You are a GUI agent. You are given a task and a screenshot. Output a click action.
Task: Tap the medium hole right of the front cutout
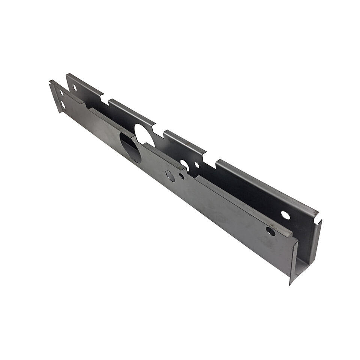170,176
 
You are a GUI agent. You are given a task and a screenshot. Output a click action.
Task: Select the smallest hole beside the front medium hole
181,176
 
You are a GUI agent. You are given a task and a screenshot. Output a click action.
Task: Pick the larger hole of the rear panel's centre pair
185,164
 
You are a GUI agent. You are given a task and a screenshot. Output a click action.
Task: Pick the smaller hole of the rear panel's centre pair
197,165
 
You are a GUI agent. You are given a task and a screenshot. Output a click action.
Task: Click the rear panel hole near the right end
285,215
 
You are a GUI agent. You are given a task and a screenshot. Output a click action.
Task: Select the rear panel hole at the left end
75,87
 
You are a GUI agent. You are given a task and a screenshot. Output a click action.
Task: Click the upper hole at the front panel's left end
62,93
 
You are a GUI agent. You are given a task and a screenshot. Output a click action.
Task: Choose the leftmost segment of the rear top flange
84,82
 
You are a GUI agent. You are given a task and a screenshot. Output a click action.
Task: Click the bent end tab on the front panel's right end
294,262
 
